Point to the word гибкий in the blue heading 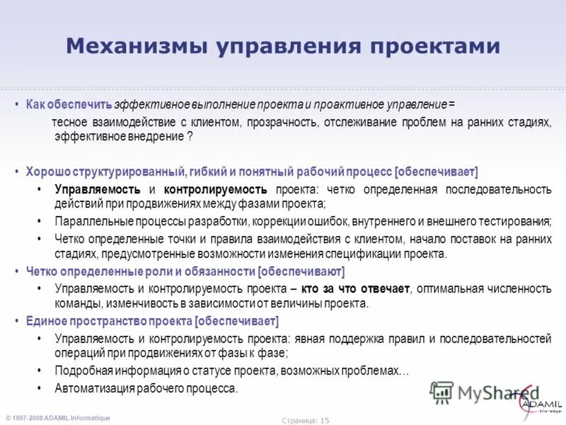[209, 172]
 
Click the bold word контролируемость [216, 189]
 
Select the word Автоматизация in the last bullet [92, 388]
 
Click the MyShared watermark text [488, 392]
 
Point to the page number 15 [325, 420]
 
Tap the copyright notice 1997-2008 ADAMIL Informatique [60, 418]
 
